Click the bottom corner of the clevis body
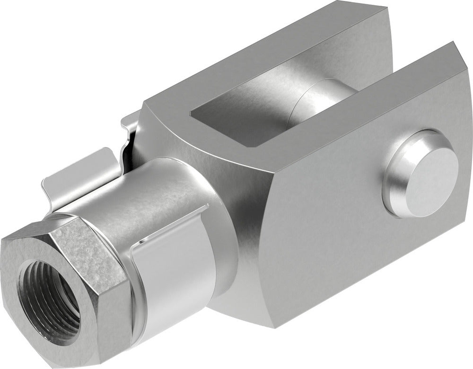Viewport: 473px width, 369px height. click(x=277, y=324)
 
